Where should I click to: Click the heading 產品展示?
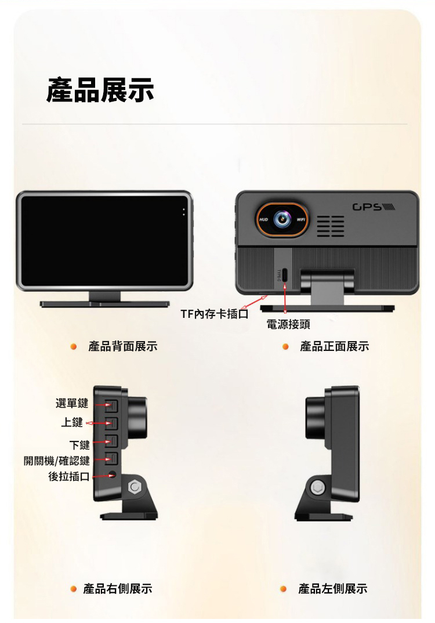coord(100,90)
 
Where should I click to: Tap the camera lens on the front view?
coord(282,219)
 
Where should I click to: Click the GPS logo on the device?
coord(374,207)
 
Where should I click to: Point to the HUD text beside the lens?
coord(263,219)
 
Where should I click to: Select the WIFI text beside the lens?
coord(300,219)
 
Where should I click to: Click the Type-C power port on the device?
coord(285,274)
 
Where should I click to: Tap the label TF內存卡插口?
coord(215,314)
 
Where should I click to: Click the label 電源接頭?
coord(288,325)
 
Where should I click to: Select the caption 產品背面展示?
coord(123,346)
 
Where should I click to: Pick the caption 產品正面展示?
coord(335,346)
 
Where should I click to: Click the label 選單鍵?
coord(72,403)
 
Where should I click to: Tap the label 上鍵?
coord(72,422)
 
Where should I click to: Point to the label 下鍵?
coord(79,444)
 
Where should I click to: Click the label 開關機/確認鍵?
coord(57,461)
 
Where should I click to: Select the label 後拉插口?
coord(68,476)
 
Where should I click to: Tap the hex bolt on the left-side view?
coord(317,487)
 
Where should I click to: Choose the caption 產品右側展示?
coord(118,588)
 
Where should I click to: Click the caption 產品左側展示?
coord(333,588)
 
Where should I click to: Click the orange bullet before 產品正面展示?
coord(285,346)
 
